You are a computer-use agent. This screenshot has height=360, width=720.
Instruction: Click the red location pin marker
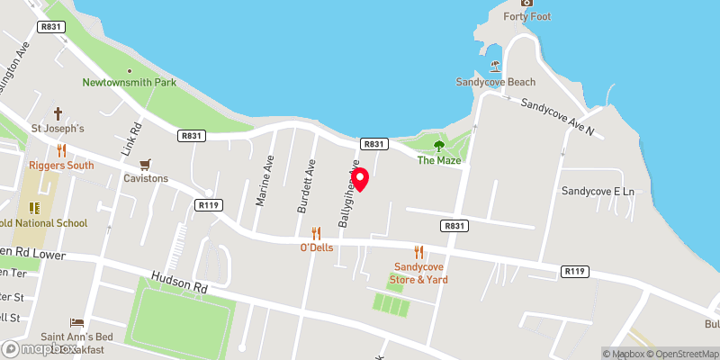point(360,178)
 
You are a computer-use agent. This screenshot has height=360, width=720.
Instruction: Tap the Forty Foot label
point(527,16)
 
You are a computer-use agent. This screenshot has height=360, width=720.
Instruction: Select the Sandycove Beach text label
point(495,82)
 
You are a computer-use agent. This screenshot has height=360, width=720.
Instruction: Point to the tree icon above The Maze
point(439,145)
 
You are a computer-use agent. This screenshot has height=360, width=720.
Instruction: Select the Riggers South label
point(61,166)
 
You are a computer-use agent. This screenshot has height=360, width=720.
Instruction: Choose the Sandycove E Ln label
point(598,191)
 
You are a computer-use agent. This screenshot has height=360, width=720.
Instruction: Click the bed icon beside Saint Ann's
point(77,322)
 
